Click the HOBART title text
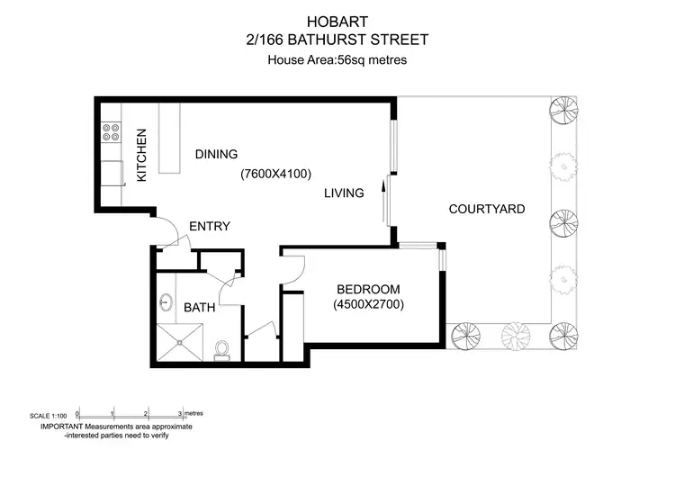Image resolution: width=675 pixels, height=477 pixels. pos(337,18)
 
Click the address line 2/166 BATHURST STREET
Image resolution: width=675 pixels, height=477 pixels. pos(337,39)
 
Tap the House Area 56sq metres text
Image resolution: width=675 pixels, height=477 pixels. pos(337,61)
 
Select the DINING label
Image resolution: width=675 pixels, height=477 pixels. pos(216,154)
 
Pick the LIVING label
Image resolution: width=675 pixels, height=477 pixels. pos(343,193)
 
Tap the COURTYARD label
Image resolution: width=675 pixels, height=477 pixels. pos(487,210)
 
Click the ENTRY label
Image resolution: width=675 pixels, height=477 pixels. pos(210,227)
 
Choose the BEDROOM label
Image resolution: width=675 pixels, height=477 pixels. pos(367,289)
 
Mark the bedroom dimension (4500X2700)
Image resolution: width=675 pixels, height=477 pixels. pos(367,305)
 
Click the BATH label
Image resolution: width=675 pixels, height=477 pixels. pos(199,308)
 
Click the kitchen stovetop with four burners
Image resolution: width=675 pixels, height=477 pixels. pos(112,133)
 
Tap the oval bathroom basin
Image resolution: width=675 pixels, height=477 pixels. pos(167,301)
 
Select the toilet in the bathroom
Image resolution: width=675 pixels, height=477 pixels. pos(222,347)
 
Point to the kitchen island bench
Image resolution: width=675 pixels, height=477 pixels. pos(168,140)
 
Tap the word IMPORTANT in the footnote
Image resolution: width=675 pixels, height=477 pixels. pos(59,426)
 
